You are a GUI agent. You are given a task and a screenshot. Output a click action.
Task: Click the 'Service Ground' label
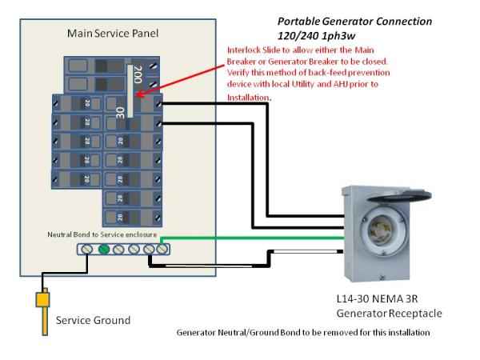(x=93, y=320)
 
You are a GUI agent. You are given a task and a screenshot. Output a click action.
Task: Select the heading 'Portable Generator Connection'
(x=354, y=21)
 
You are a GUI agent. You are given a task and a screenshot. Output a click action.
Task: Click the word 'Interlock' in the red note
(x=247, y=50)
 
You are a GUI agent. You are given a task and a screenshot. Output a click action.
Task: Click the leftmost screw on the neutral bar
(x=87, y=249)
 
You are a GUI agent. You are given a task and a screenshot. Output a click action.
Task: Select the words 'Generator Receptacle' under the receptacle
(x=388, y=313)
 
